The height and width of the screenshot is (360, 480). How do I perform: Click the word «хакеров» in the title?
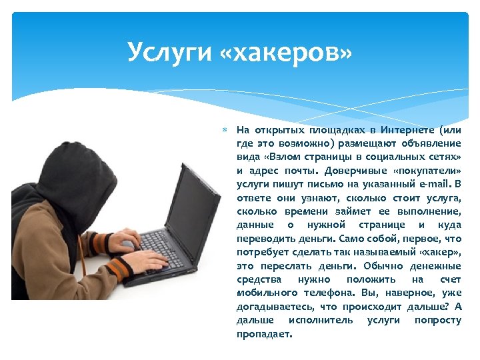[x=294, y=51]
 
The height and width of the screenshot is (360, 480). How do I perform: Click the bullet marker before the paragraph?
[x=226, y=130]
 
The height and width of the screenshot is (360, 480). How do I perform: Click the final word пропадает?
[x=264, y=334]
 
